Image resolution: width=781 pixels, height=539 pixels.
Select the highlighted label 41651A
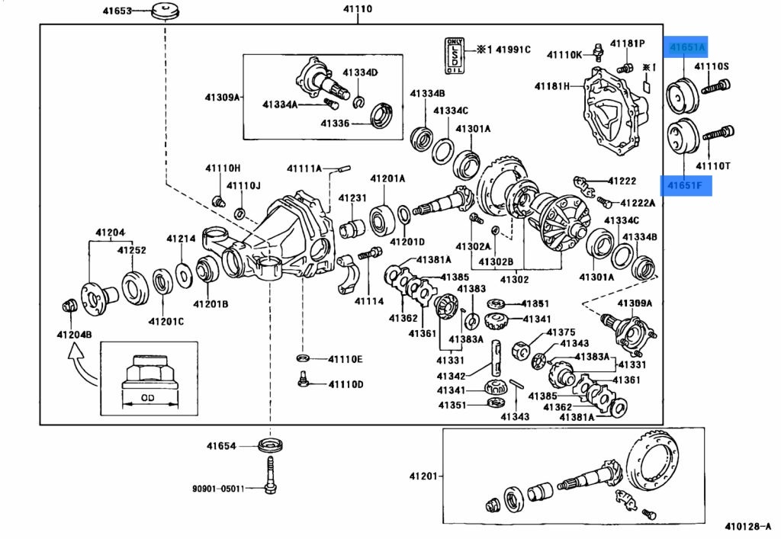click(688, 47)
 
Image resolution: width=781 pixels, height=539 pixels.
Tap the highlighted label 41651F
click(686, 184)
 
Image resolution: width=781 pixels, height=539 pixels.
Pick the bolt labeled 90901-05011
click(269, 476)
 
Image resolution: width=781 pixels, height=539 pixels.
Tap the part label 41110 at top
click(357, 10)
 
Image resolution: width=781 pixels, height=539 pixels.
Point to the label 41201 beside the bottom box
click(424, 476)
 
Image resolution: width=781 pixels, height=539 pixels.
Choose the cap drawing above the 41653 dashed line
click(162, 11)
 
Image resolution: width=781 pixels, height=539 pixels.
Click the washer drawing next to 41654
click(269, 444)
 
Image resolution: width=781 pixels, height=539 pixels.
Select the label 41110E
click(346, 359)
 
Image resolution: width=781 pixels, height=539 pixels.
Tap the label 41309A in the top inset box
click(222, 97)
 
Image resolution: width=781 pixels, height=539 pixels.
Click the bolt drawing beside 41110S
click(712, 88)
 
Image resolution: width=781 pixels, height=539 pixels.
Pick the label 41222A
click(638, 203)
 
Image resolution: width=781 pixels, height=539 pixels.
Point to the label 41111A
click(304, 168)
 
